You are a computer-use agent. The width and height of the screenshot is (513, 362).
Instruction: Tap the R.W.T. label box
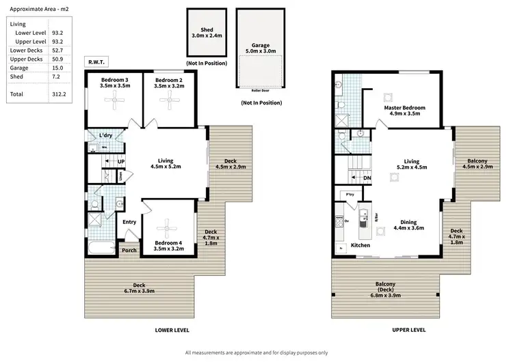point(96,61)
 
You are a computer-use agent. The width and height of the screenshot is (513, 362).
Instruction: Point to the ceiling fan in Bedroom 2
point(168,100)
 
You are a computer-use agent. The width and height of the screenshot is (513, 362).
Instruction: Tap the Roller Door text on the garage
point(259,89)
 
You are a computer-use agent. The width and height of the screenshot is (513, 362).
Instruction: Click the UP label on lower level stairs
point(120,162)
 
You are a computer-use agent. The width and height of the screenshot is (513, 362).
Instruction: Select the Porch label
point(129,250)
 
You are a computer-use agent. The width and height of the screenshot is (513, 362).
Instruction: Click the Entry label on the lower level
point(129,222)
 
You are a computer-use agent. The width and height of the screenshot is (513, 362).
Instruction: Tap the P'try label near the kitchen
point(350,195)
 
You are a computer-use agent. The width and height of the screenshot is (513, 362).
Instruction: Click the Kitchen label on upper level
point(360,245)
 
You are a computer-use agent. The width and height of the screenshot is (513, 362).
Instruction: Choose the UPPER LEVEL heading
point(408,330)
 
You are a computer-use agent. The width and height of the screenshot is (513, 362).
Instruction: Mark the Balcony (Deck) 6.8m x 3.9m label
point(386,290)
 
